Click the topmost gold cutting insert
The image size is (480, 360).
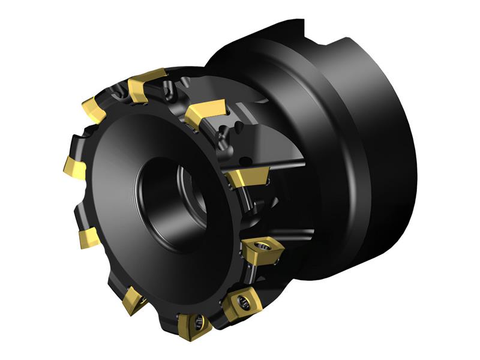(147, 83)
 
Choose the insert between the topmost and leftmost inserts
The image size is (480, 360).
(97, 110)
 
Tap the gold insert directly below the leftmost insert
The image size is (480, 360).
(89, 238)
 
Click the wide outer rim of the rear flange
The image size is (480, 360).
(384, 150)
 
